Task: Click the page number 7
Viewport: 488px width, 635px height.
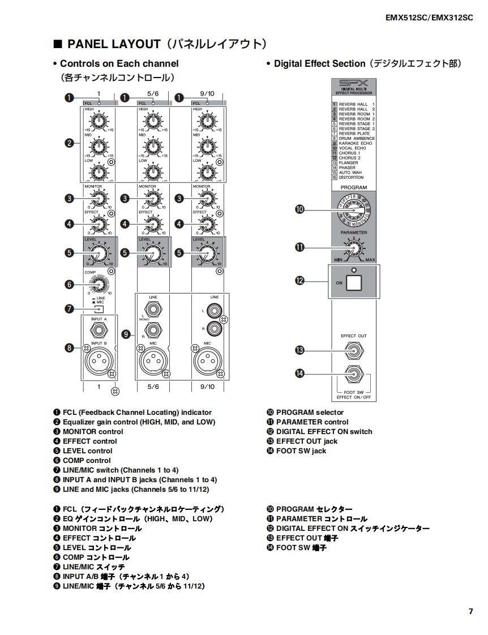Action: point(470,611)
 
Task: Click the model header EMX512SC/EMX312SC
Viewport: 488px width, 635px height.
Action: point(429,18)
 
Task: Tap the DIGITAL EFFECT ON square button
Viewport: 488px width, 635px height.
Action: point(354,282)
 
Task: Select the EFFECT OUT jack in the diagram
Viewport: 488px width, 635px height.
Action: point(354,351)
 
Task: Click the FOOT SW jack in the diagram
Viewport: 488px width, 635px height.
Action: point(354,374)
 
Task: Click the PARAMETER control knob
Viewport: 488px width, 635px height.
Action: point(354,248)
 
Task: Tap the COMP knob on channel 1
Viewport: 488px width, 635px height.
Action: point(99,284)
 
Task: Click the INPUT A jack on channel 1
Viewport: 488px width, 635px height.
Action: point(99,331)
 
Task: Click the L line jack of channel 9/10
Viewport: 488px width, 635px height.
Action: point(215,310)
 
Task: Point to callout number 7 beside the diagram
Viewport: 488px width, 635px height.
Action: point(69,309)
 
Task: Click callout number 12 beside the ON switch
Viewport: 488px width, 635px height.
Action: point(300,281)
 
